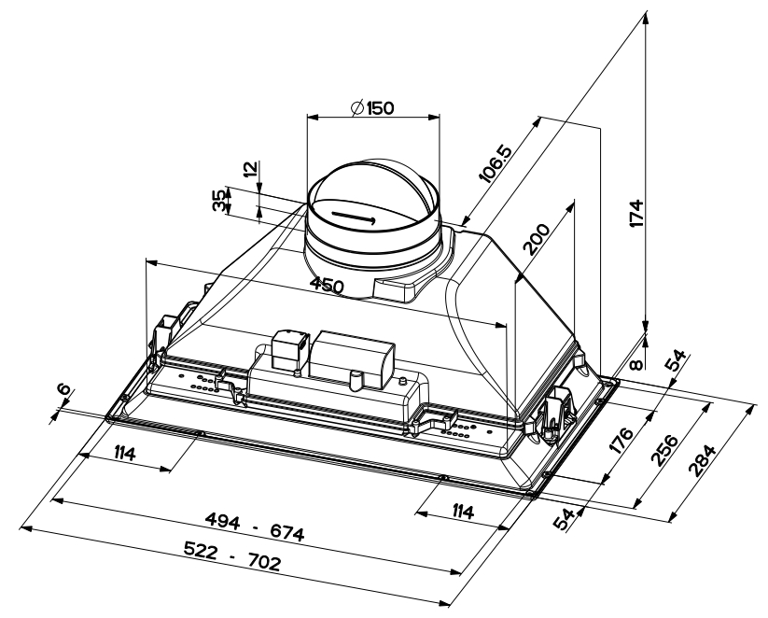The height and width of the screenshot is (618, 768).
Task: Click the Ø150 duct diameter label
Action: (x=372, y=107)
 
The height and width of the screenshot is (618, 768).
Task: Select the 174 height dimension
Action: (x=635, y=213)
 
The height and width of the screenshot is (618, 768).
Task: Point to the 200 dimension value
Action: (x=537, y=240)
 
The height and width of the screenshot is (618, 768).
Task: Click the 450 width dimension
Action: (x=328, y=286)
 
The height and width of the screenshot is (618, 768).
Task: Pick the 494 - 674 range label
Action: (x=255, y=527)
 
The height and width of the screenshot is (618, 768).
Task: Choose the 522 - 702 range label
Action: (x=232, y=556)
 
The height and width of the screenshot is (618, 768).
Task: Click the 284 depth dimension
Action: (x=702, y=460)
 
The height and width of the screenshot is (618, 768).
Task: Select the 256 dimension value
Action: (x=664, y=449)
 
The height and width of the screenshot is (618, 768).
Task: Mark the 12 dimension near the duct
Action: (x=250, y=169)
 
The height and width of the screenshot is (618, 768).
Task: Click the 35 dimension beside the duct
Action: (x=220, y=201)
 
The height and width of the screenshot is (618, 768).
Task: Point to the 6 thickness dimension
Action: (x=63, y=390)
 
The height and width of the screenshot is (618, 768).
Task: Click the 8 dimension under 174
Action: (x=635, y=365)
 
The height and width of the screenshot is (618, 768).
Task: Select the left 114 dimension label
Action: (x=124, y=454)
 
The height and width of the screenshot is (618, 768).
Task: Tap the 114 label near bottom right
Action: (x=462, y=513)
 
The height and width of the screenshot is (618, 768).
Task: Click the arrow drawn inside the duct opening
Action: (x=353, y=218)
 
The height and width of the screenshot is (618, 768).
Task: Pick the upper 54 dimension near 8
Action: (x=677, y=361)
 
